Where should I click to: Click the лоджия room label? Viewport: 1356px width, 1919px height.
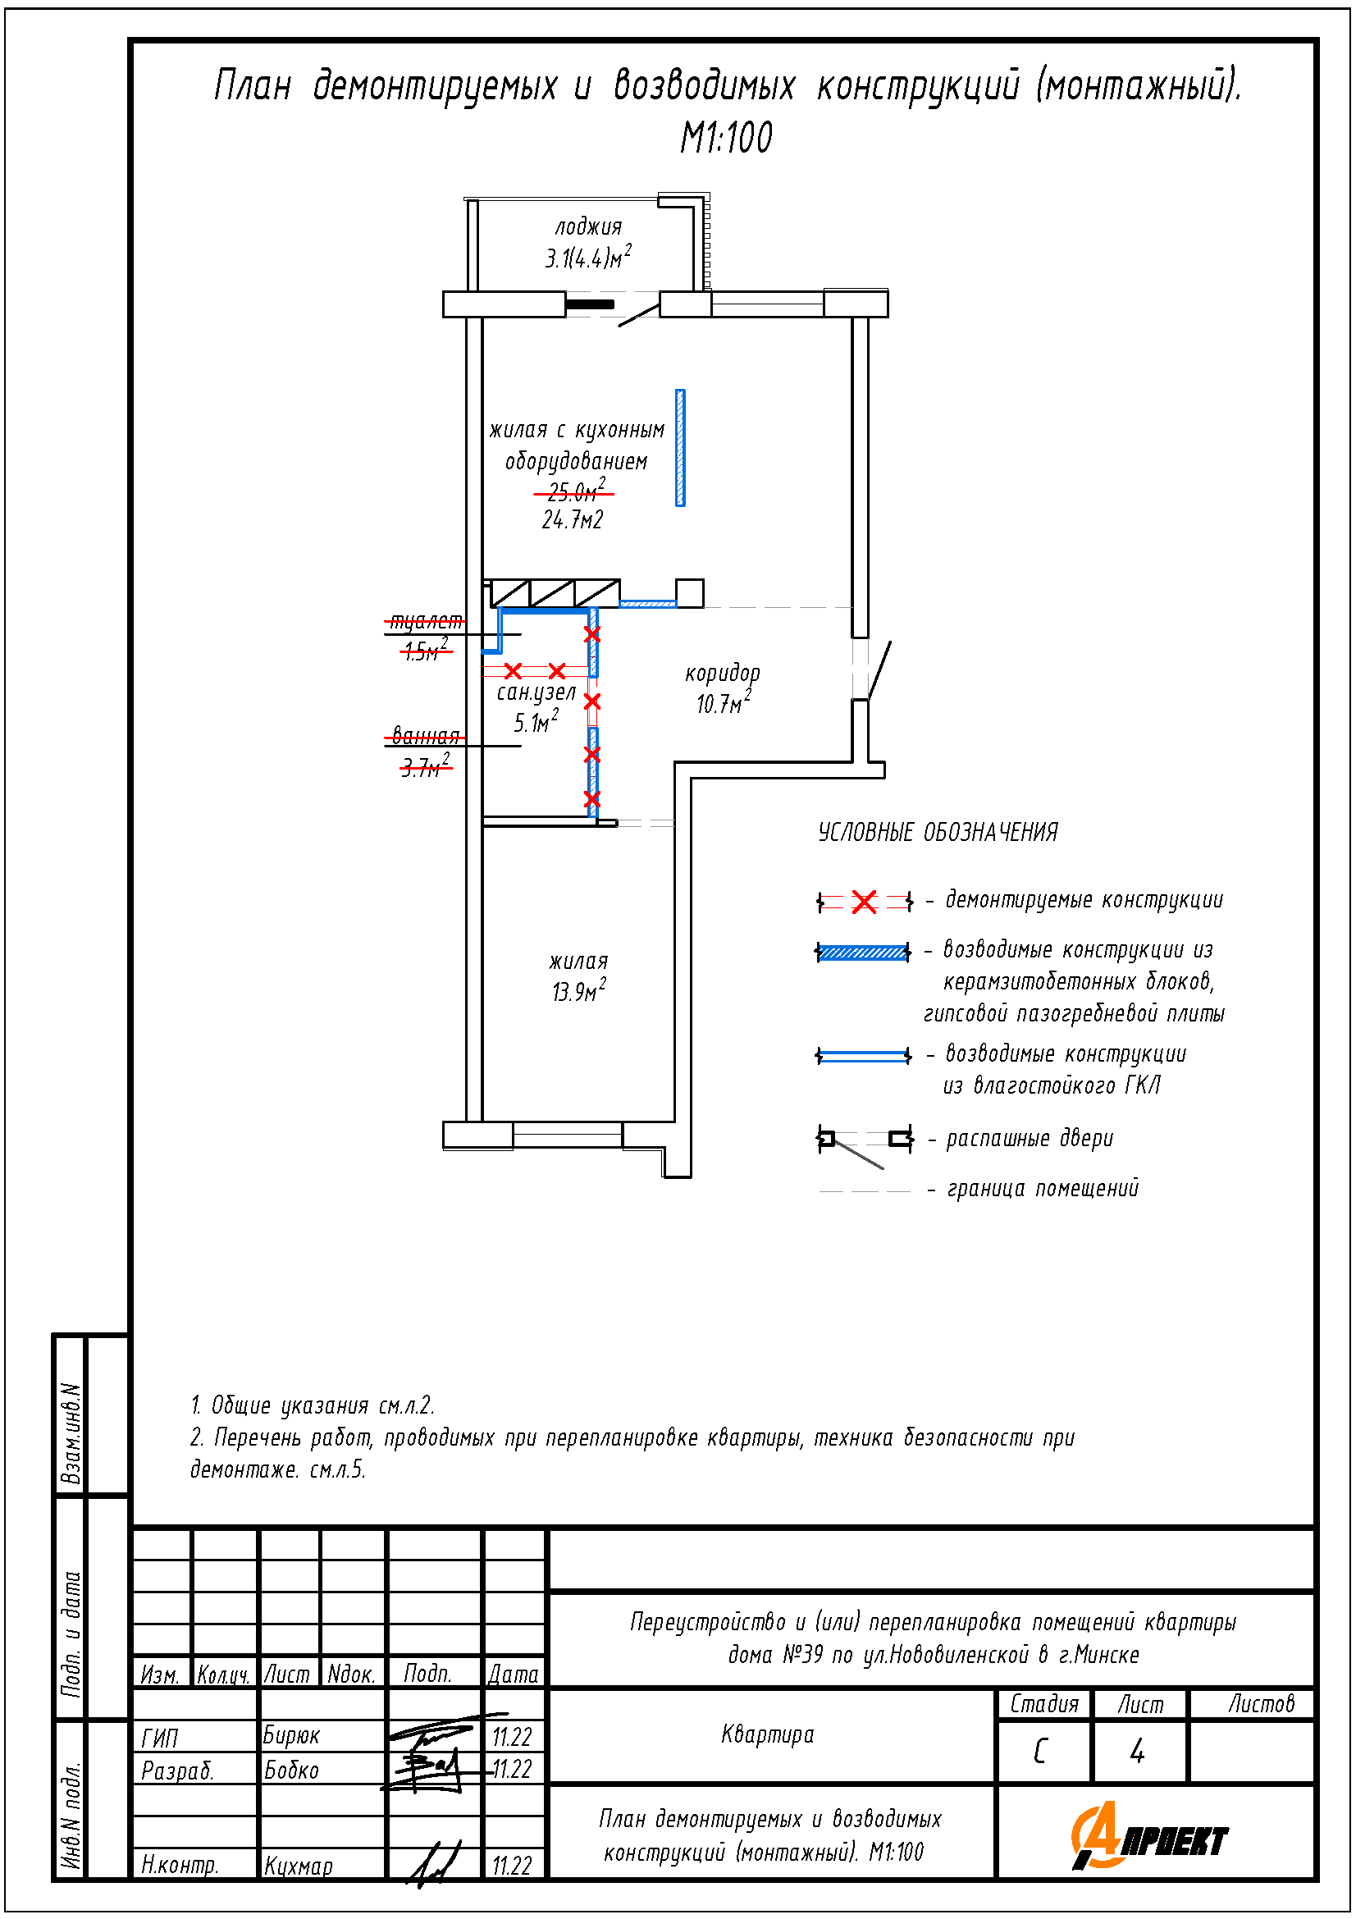588,226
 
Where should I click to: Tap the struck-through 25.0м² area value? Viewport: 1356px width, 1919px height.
575,491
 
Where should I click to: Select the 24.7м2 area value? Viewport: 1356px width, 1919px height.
573,521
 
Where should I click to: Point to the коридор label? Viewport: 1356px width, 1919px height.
723,673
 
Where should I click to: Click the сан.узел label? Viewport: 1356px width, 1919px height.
536,692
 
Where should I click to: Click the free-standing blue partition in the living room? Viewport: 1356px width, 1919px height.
680,448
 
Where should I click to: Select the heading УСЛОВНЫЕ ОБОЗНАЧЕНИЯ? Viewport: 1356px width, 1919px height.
938,833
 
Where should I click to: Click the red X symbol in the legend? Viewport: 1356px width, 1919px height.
864,902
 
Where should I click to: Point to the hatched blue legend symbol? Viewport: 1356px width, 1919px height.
863,953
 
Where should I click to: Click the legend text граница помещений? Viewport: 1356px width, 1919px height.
1043,1189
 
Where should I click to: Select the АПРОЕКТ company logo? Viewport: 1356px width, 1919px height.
1150,1836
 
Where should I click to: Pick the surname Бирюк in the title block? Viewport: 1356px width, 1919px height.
291,1736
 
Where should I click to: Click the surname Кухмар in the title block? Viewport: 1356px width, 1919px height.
299,1866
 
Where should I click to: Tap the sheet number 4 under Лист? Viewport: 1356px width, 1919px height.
1137,1751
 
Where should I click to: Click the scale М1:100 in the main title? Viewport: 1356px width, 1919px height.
726,138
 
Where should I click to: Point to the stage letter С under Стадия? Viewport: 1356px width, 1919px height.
1041,1751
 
